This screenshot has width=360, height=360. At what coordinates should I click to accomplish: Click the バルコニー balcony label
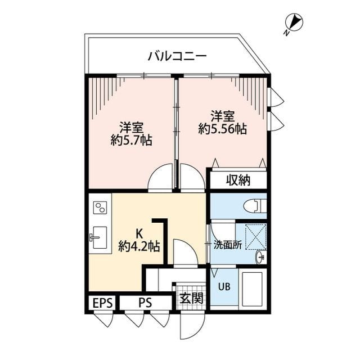(x=177, y=56)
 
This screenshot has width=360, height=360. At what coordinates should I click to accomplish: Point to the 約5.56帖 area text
(x=222, y=129)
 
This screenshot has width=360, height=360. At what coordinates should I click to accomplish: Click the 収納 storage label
(x=238, y=181)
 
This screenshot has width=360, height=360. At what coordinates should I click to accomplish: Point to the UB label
(x=224, y=286)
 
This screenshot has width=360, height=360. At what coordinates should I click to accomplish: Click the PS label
(x=145, y=303)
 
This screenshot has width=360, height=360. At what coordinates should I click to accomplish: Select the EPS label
(x=102, y=303)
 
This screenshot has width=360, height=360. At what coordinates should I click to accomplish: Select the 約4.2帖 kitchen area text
(x=139, y=246)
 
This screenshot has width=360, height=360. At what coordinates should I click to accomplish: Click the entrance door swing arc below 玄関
(x=190, y=326)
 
